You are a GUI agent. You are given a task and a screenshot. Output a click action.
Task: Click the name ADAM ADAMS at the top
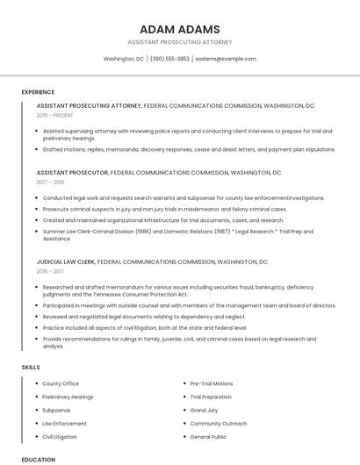(x=179, y=29)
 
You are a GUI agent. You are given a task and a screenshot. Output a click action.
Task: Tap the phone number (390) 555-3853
(x=169, y=59)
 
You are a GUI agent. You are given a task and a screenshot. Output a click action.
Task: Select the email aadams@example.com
(x=226, y=59)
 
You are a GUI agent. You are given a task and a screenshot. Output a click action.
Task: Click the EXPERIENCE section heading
(x=38, y=92)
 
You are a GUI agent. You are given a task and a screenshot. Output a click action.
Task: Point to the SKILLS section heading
(x=30, y=367)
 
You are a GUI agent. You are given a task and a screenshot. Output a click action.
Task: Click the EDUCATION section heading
(x=38, y=459)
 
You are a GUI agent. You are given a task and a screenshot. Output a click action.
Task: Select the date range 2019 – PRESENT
(x=54, y=115)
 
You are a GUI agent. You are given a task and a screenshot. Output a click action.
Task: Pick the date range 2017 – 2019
(x=50, y=182)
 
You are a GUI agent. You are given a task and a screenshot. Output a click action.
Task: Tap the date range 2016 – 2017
(x=50, y=272)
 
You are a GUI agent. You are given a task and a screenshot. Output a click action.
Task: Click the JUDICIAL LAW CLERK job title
(x=65, y=262)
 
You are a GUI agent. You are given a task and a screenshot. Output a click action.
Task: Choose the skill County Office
(x=61, y=383)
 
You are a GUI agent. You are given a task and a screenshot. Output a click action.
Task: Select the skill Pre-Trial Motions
(x=212, y=383)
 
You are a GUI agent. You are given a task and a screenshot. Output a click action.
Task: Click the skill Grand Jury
(x=204, y=410)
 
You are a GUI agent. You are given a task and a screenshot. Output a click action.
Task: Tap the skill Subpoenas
(x=56, y=410)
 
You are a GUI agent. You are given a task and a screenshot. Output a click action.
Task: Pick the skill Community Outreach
(x=219, y=423)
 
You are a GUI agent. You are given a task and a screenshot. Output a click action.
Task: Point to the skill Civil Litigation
(x=60, y=436)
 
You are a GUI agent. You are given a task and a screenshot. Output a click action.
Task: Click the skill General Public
(x=208, y=436)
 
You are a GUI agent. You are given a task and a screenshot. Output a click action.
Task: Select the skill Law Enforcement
(x=64, y=423)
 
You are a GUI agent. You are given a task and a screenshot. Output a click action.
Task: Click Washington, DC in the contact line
(x=123, y=59)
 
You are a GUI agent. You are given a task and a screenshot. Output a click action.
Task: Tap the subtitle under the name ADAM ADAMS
(x=179, y=42)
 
